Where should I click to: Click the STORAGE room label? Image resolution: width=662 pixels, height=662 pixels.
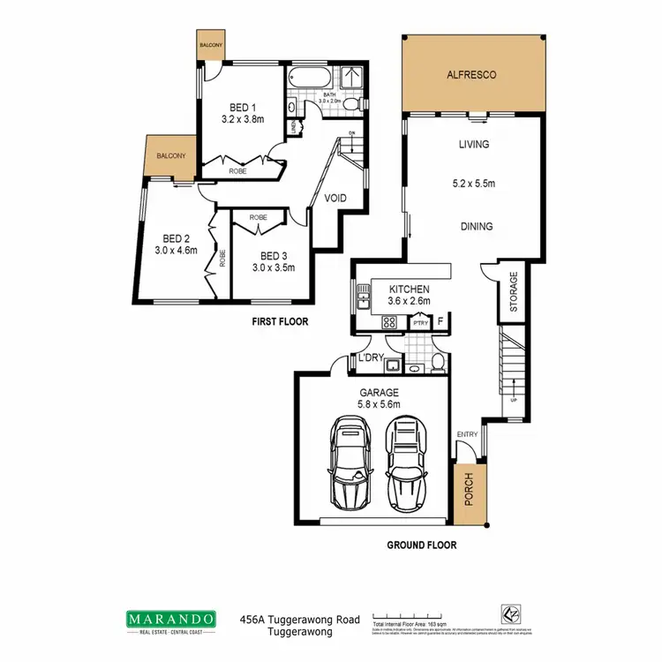pos(514,291)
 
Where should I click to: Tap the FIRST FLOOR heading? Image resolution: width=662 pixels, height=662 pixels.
pos(281,322)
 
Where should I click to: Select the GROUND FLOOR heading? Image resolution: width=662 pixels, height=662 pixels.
pos(422,545)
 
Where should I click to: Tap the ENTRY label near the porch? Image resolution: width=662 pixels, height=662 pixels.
pos(466,434)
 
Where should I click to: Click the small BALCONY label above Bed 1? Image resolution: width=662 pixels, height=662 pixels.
pos(210,44)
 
